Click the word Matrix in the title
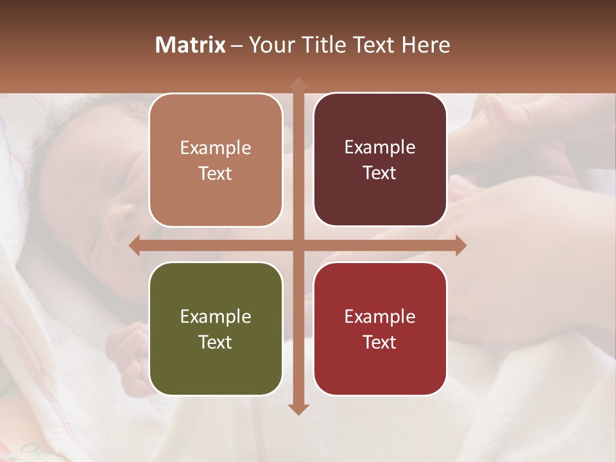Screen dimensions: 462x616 pos(191,45)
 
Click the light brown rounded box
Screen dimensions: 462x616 pos(216,160)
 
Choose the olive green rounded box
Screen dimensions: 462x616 pos(216,329)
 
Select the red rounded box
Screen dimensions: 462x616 pos(380,329)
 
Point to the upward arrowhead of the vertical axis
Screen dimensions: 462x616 pos(298,83)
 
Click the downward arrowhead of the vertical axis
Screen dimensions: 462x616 pos(298,409)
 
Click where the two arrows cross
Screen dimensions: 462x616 pos(298,246)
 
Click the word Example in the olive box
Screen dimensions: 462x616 pos(216,316)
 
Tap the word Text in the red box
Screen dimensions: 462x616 pos(380,342)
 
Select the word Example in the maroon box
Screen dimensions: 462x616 pos(380,147)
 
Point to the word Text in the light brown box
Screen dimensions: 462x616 pos(216,173)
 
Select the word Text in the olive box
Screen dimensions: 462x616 pos(216,342)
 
